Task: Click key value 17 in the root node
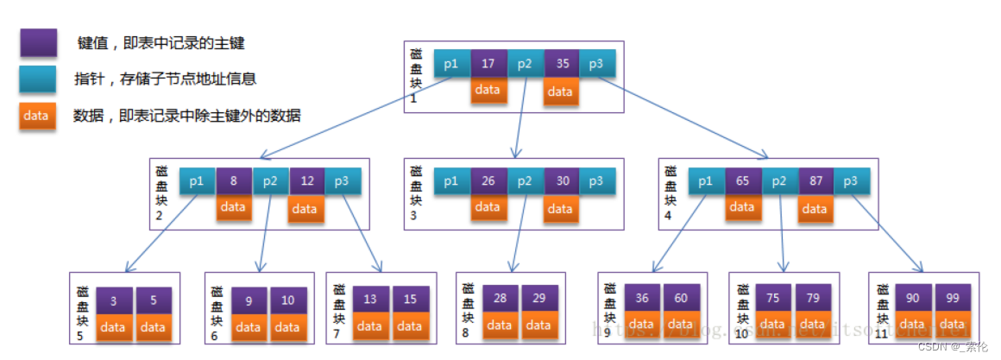(x=488, y=63)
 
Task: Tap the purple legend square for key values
(x=38, y=42)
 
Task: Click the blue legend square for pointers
(x=38, y=79)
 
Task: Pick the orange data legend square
(x=38, y=116)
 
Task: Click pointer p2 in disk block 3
(x=525, y=181)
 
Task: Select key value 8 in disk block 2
(x=234, y=181)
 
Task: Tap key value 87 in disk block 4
(x=815, y=181)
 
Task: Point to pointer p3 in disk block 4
(x=852, y=181)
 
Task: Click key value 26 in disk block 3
(x=488, y=181)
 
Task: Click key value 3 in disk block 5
(x=115, y=300)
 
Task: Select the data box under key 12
(x=306, y=208)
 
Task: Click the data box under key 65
(x=743, y=208)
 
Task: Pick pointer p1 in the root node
(x=451, y=63)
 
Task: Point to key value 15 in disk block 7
(x=410, y=300)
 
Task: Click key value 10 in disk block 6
(x=287, y=300)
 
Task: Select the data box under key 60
(x=681, y=326)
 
